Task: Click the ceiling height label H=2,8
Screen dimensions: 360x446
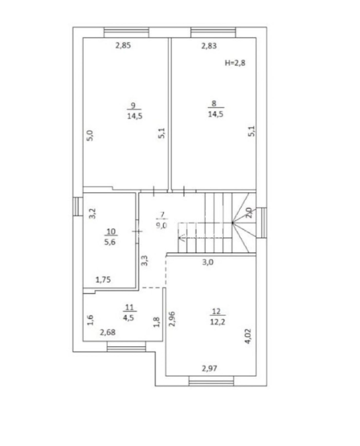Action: [x=235, y=63]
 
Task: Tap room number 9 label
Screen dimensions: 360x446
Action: [x=133, y=106]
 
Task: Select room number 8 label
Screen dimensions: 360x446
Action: [x=214, y=104]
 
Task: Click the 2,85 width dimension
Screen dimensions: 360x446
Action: [x=123, y=45]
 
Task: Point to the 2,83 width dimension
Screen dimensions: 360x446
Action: [x=209, y=45]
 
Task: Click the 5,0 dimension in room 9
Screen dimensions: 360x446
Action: [x=90, y=135]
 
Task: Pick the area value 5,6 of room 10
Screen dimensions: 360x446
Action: [x=110, y=242]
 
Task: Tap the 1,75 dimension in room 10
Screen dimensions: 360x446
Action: [x=103, y=280]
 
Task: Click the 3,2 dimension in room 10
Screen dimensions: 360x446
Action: [x=93, y=213]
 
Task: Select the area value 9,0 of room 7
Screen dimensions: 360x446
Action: [x=161, y=225]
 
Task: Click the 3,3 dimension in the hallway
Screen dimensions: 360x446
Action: [x=144, y=260]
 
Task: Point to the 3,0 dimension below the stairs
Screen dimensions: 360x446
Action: [x=208, y=262]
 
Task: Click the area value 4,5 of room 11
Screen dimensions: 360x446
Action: [x=128, y=318]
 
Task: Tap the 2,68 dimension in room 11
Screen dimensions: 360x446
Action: [x=108, y=332]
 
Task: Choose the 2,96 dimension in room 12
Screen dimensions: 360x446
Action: [x=172, y=319]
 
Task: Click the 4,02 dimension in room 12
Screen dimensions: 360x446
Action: [x=248, y=336]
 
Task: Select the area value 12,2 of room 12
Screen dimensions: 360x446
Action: [x=218, y=322]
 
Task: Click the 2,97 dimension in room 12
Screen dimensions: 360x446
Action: [x=209, y=369]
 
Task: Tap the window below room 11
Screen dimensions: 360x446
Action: [x=126, y=347]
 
